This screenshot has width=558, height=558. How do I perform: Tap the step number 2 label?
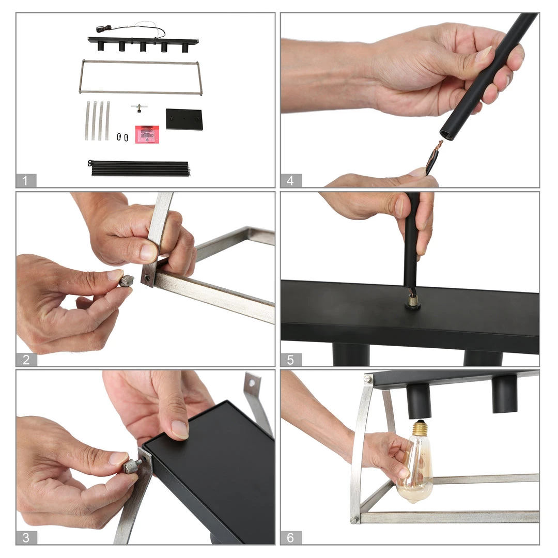(x=26, y=360)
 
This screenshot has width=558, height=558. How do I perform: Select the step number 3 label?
(x=26, y=537)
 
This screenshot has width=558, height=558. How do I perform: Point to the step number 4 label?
(x=290, y=180)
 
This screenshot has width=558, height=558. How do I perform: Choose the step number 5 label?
(x=290, y=360)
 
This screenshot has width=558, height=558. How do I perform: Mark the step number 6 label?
(x=290, y=537)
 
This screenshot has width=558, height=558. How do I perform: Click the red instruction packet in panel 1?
(x=147, y=134)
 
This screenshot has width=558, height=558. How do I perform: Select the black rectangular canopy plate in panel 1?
(x=184, y=119)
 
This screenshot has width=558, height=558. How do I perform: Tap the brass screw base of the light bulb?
(x=421, y=427)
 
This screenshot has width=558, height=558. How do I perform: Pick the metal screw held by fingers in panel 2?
(x=127, y=281)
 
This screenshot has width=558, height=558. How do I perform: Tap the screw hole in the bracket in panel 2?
(x=147, y=277)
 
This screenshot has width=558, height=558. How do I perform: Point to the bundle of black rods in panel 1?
(x=139, y=168)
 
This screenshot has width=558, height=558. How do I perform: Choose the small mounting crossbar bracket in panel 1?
(x=139, y=108)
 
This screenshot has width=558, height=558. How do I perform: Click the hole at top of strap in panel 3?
(x=252, y=383)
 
